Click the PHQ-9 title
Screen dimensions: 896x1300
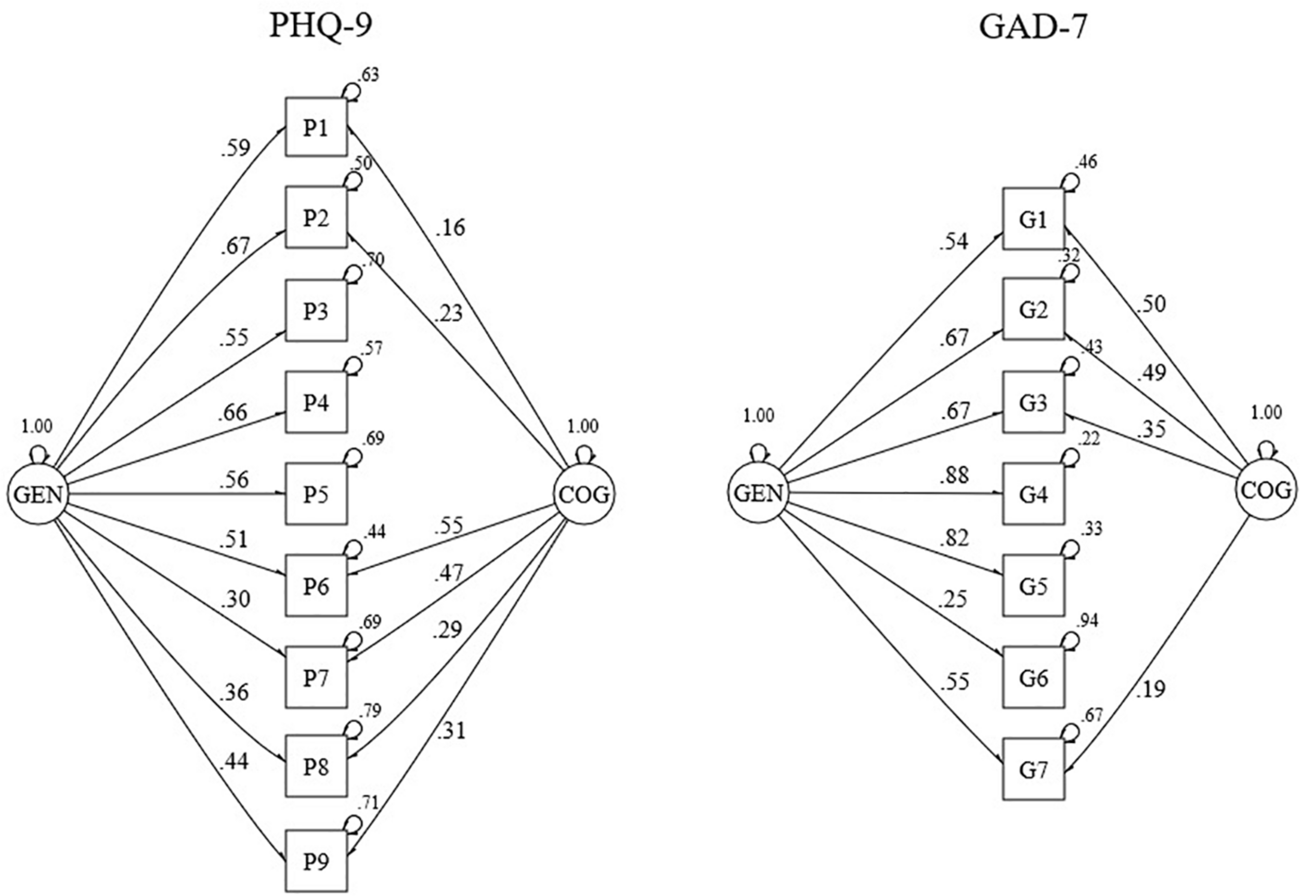pos(321,27)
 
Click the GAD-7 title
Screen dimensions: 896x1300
pos(1033,27)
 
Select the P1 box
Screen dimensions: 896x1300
pos(316,127)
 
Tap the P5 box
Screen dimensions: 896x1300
pos(316,494)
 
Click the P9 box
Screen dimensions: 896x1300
pos(316,861)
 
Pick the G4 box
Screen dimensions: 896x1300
pos(1034,494)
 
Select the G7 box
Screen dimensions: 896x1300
pos(1034,770)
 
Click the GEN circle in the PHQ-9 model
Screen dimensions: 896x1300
pos(37,495)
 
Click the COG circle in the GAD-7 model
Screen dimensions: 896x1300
pos(1266,491)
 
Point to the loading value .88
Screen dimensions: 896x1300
pos(954,476)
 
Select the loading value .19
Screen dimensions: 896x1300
pos(1150,688)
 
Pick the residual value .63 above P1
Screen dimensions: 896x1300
pos(368,75)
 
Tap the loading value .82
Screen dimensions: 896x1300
pos(954,538)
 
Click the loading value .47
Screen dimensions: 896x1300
pos(448,573)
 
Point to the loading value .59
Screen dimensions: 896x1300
pos(235,148)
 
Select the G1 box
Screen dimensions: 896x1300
pos(1034,219)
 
